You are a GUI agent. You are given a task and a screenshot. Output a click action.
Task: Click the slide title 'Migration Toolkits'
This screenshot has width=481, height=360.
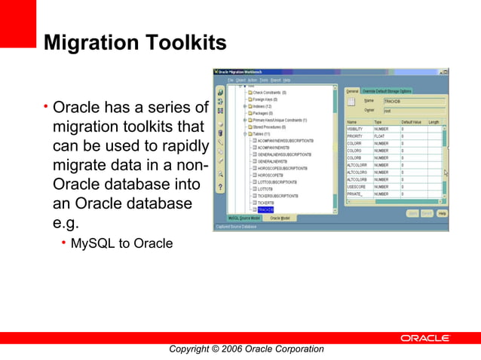[135, 42]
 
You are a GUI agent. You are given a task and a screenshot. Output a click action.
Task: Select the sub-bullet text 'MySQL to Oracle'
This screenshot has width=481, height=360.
[121, 243]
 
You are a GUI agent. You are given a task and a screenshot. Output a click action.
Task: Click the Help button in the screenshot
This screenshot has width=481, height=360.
[442, 213]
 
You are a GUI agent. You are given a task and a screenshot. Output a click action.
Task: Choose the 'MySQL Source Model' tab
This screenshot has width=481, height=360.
[244, 218]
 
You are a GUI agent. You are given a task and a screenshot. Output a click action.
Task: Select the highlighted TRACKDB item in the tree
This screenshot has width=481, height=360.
[265, 210]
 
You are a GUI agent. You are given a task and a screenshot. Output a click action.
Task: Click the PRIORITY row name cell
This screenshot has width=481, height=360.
[355, 136]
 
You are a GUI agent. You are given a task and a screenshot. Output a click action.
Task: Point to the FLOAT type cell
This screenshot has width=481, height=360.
[381, 136]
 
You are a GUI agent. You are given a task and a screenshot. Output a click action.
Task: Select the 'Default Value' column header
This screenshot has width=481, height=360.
[411, 121]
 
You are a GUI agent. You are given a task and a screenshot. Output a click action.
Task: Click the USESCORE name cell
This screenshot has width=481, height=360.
[356, 187]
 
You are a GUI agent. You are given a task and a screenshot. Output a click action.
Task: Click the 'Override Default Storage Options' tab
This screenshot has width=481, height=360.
[388, 91]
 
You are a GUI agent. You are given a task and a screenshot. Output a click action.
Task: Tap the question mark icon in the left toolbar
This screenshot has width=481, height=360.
[220, 186]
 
